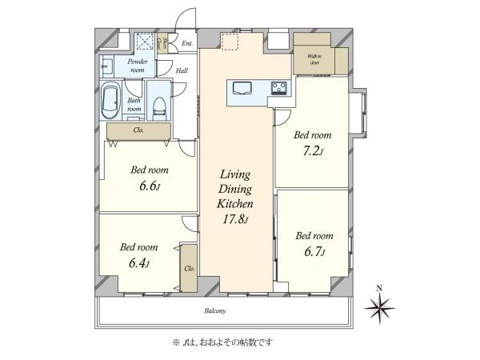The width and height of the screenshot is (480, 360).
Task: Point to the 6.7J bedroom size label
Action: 313,252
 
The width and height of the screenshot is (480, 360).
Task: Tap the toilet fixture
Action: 160,105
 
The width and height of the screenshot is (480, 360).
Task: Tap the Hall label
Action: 182,70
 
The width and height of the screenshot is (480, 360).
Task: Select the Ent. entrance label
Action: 187,42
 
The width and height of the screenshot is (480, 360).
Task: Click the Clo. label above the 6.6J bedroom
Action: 138,130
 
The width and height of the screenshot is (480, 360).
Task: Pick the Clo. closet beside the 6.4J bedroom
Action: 190,268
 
